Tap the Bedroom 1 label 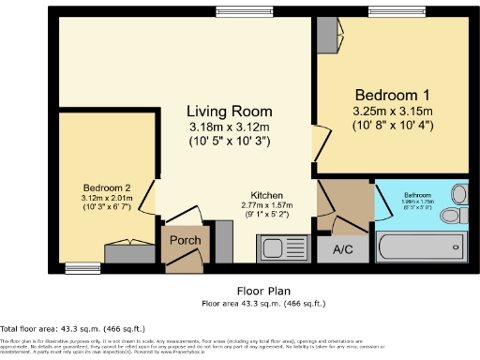point(392,95)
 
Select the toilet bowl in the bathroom point(453,216)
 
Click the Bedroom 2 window point(82,268)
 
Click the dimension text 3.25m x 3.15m point(392,111)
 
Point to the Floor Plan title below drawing point(262,292)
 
